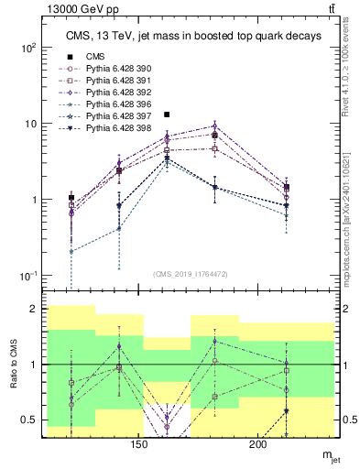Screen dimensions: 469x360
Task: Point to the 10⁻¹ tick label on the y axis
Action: click(28, 276)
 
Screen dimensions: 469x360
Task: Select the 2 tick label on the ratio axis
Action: click(36, 309)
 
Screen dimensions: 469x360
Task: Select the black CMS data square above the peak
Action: click(167, 115)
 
